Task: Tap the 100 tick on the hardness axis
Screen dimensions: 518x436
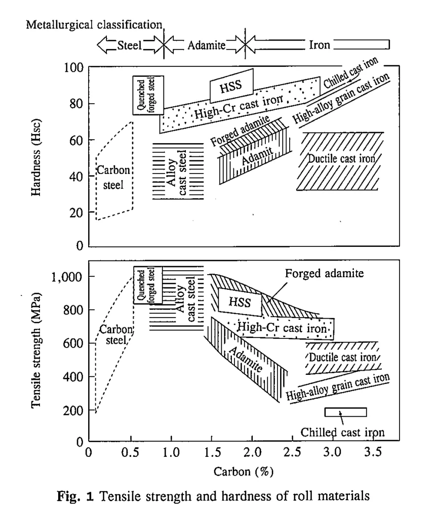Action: (76, 68)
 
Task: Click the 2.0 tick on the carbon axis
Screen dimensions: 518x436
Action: (252, 450)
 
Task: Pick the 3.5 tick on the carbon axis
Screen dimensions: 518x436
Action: (374, 450)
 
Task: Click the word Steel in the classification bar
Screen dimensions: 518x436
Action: (129, 45)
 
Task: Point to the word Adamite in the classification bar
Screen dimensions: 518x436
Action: (204, 45)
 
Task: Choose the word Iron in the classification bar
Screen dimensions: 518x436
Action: (319, 45)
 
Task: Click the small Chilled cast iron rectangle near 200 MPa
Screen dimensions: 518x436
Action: (345, 412)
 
